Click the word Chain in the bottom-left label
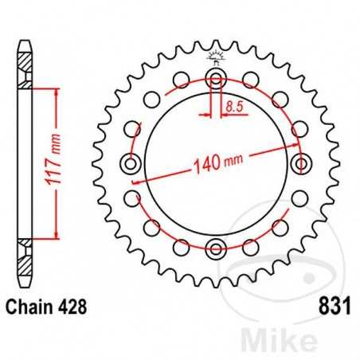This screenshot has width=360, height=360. [x=27, y=306]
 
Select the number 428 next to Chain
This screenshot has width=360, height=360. [x=68, y=306]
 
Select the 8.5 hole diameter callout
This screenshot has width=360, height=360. [x=233, y=104]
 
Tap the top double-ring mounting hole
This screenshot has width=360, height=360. [x=215, y=79]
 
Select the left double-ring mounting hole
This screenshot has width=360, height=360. [x=131, y=163]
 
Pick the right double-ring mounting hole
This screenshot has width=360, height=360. [x=300, y=163]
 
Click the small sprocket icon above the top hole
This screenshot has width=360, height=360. [x=215, y=57]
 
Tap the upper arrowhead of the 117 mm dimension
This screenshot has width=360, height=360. [x=55, y=90]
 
